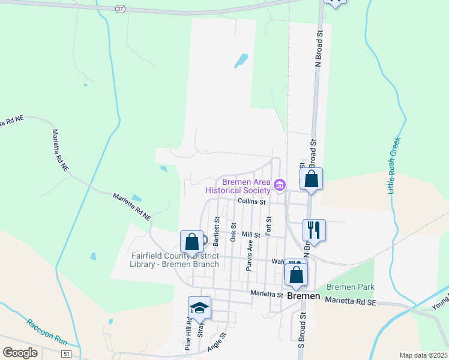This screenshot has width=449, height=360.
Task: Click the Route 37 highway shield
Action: coord(121,9)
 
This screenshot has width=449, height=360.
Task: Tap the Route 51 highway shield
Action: coord(65,354)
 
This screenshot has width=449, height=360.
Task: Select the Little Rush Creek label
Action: coord(394,166)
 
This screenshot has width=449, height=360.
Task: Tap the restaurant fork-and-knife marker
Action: coord(314,230)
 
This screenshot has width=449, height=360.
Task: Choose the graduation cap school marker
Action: coord(199,308)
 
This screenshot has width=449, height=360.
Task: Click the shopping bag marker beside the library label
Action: coord(191,242)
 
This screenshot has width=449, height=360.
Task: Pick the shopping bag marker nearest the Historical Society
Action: coord(311,179)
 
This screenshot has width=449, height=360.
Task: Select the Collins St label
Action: coord(251,202)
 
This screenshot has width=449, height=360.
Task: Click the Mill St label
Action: coord(250,235)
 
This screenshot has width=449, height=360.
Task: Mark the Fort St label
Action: coord(269,226)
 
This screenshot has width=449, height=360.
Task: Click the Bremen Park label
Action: coord(345,288)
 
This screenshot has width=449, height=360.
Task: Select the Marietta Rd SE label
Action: coord(351,302)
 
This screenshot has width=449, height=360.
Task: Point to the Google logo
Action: coord(20,353)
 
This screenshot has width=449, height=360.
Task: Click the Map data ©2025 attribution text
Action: coord(423,355)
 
